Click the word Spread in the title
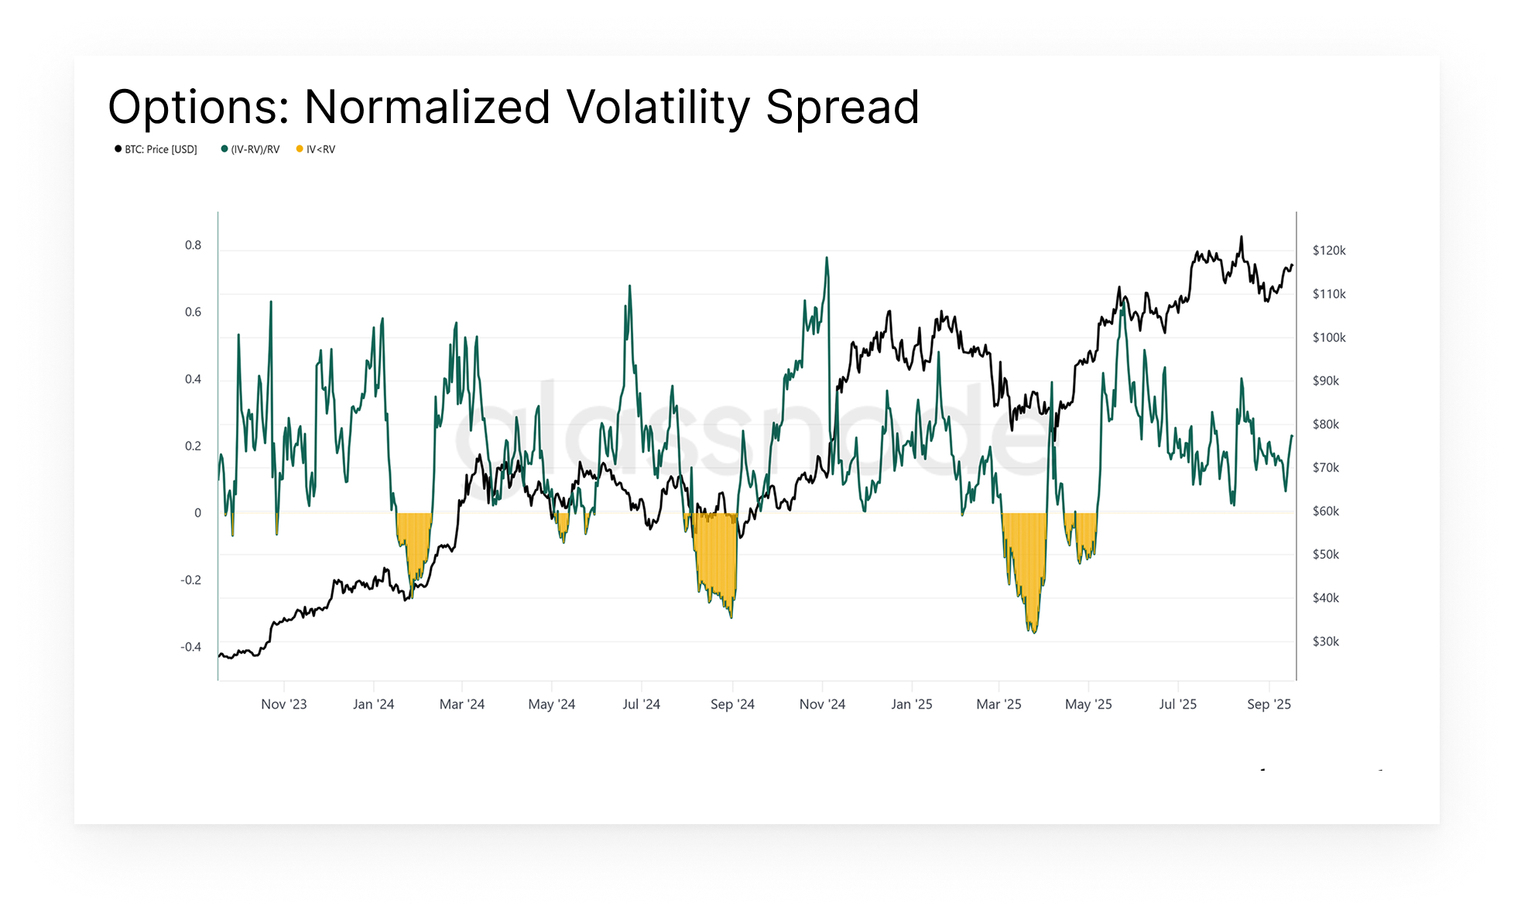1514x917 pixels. click(x=842, y=107)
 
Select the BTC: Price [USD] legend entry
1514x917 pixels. click(x=156, y=149)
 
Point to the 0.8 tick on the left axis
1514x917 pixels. click(x=193, y=245)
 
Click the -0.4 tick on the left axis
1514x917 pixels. click(x=190, y=647)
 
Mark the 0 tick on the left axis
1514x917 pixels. click(x=197, y=513)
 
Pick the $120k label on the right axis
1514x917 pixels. click(x=1329, y=251)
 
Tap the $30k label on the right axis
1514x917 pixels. click(x=1326, y=642)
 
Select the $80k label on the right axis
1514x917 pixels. click(x=1326, y=424)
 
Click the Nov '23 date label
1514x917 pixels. click(x=283, y=704)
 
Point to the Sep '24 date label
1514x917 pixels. click(x=732, y=704)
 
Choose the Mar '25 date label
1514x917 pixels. click(x=998, y=704)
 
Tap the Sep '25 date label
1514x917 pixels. click(x=1269, y=704)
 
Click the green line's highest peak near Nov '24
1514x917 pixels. click(x=827, y=258)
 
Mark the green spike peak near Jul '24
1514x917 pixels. click(x=629, y=286)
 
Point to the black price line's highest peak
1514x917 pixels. click(x=1242, y=238)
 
